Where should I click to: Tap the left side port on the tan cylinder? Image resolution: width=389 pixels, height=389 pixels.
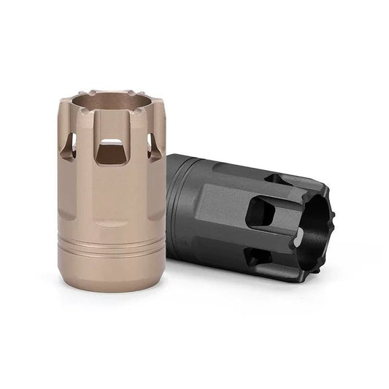tap(68, 147)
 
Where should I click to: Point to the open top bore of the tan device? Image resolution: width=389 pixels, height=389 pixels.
tap(111, 102)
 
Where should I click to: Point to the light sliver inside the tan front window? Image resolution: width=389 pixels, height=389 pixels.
tap(111, 141)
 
